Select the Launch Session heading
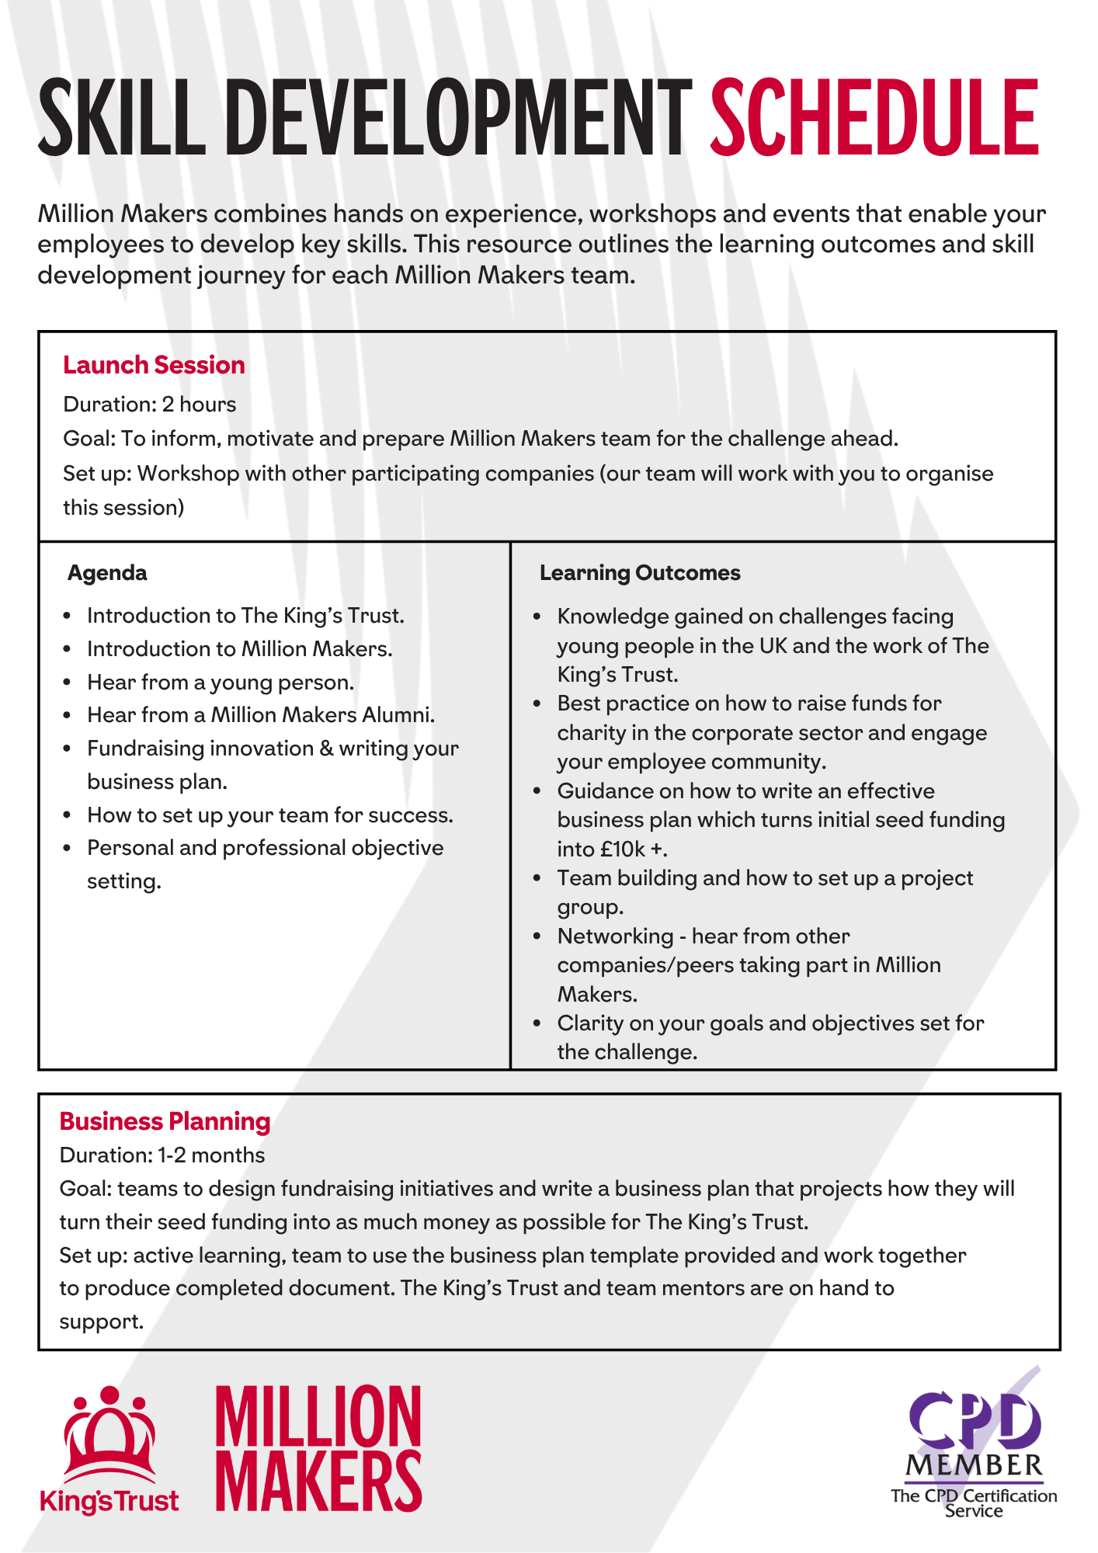(154, 365)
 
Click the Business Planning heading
(165, 1121)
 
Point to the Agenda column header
(107, 573)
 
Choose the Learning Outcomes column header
(640, 573)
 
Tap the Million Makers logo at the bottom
(318, 1449)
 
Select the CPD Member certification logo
(974, 1449)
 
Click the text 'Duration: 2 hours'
(149, 405)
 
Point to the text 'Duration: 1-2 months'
(162, 1155)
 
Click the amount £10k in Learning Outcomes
(623, 849)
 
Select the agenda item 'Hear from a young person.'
(221, 683)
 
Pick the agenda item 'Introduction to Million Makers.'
(239, 649)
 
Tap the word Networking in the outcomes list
(615, 936)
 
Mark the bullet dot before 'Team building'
(537, 878)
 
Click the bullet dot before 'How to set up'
(68, 815)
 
